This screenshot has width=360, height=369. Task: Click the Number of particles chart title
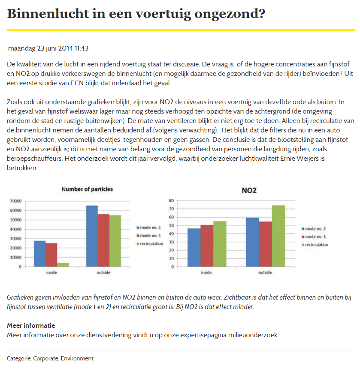tap(87, 189)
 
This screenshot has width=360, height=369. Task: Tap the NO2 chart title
tap(249, 190)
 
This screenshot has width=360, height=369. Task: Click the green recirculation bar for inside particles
tap(63, 265)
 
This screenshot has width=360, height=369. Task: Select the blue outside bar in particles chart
tap(92, 236)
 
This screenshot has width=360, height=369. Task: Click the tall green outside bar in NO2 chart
tap(278, 236)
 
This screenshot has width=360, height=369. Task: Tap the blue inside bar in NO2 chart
tap(194, 248)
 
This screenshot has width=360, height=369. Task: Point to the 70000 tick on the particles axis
tap(15, 201)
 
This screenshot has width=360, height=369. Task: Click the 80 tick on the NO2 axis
tap(172, 201)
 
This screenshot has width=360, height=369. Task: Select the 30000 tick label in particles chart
tap(15, 239)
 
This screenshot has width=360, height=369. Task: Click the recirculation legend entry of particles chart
tap(150, 244)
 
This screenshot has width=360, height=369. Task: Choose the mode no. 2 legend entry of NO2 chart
tap(314, 229)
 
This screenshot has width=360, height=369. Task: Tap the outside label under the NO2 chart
tap(265, 273)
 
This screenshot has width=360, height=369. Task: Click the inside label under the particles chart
tap(51, 273)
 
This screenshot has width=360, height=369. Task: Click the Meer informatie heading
tap(31, 325)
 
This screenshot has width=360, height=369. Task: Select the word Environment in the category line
tap(77, 358)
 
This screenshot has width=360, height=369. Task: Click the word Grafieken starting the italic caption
tap(20, 297)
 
